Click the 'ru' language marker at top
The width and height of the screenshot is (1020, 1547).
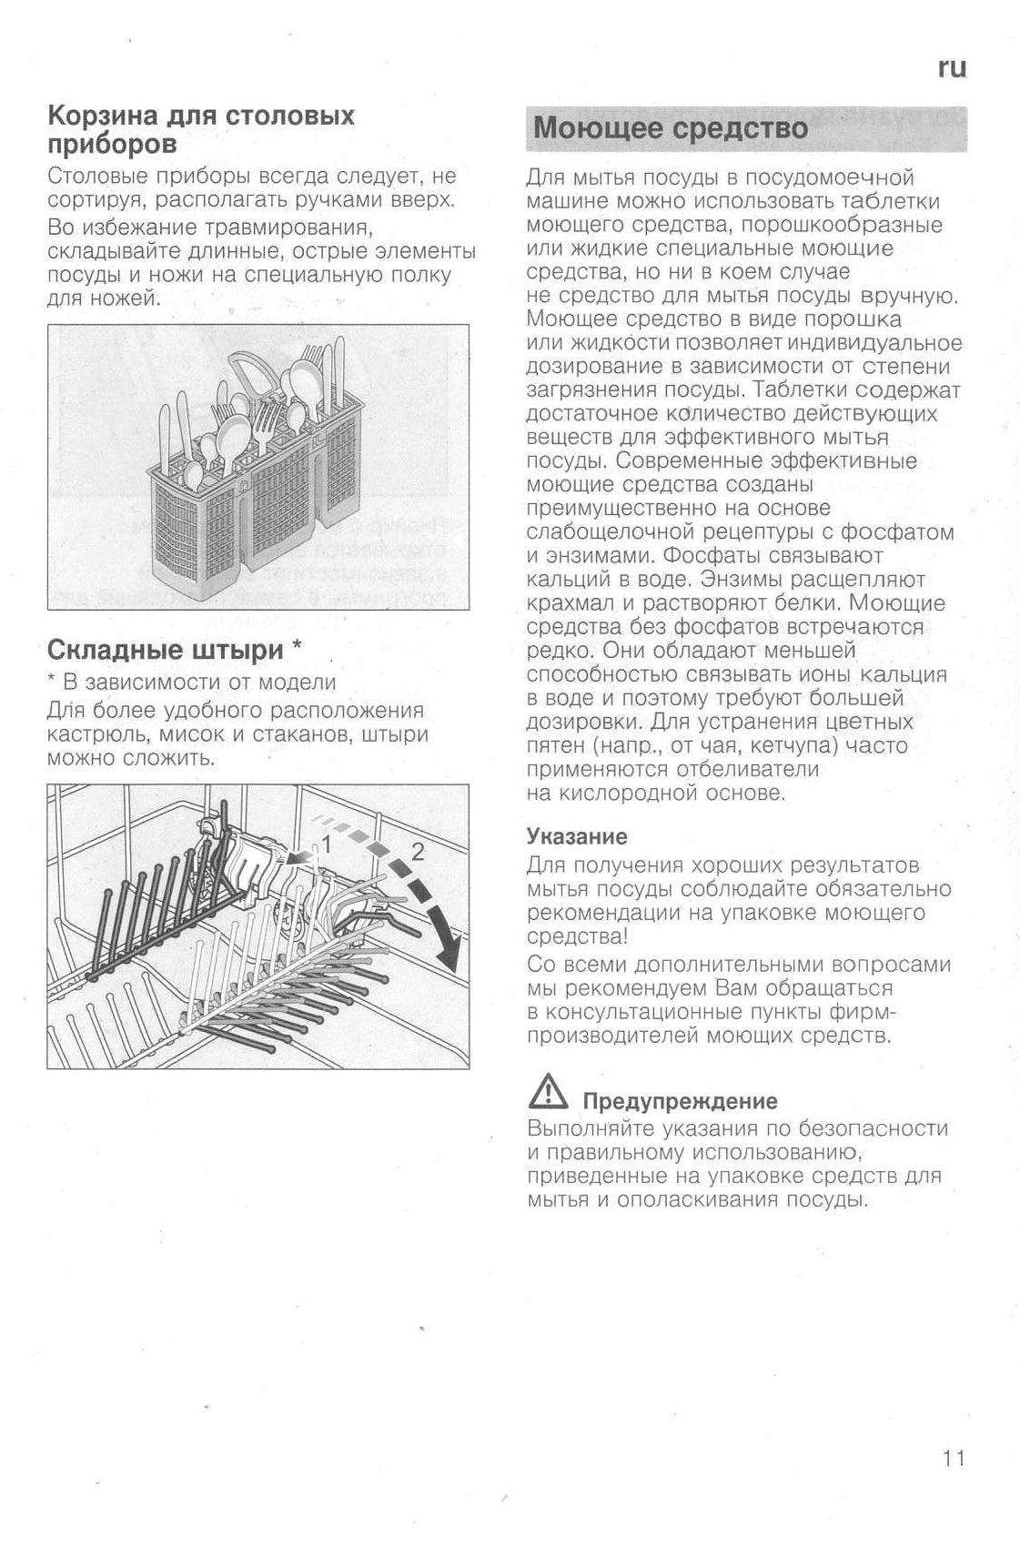[x=951, y=69]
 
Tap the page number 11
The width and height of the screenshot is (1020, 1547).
[x=953, y=1458]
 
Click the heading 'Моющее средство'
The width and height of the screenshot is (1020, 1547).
[x=671, y=127]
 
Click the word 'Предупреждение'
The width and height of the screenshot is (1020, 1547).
[x=680, y=1101]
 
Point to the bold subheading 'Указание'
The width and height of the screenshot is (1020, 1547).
[x=577, y=836]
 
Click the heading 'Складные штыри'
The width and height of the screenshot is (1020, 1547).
[x=165, y=650]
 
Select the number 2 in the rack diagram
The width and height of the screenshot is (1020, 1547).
[x=417, y=853]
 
